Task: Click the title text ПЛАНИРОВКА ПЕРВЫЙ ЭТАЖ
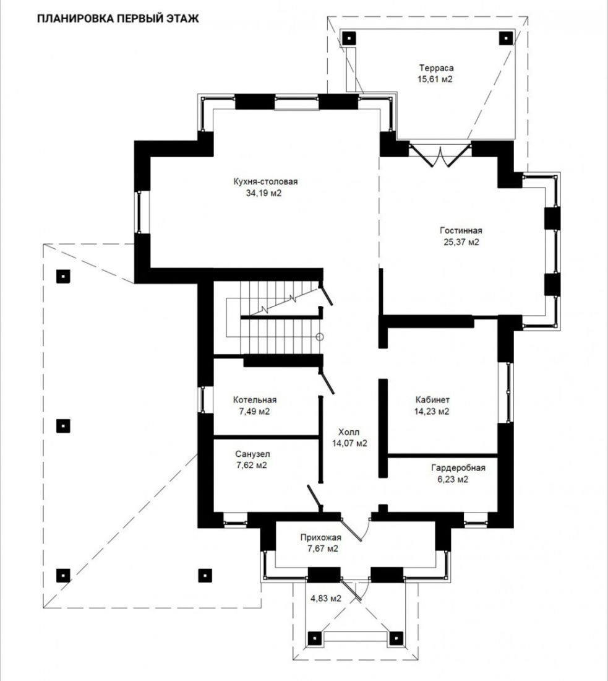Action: (118, 19)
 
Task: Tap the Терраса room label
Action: (436, 67)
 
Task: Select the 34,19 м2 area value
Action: (264, 193)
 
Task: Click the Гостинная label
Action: (460, 231)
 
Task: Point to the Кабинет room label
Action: (432, 399)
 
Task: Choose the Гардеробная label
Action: (458, 468)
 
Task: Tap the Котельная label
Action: (255, 399)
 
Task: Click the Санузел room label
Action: (252, 454)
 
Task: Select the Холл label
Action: (349, 432)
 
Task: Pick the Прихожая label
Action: (321, 537)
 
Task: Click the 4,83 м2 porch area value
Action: (326, 599)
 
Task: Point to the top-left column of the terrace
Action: (349, 38)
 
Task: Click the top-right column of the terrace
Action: (505, 38)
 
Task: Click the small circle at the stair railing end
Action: (320, 337)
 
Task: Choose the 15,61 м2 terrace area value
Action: (435, 79)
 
